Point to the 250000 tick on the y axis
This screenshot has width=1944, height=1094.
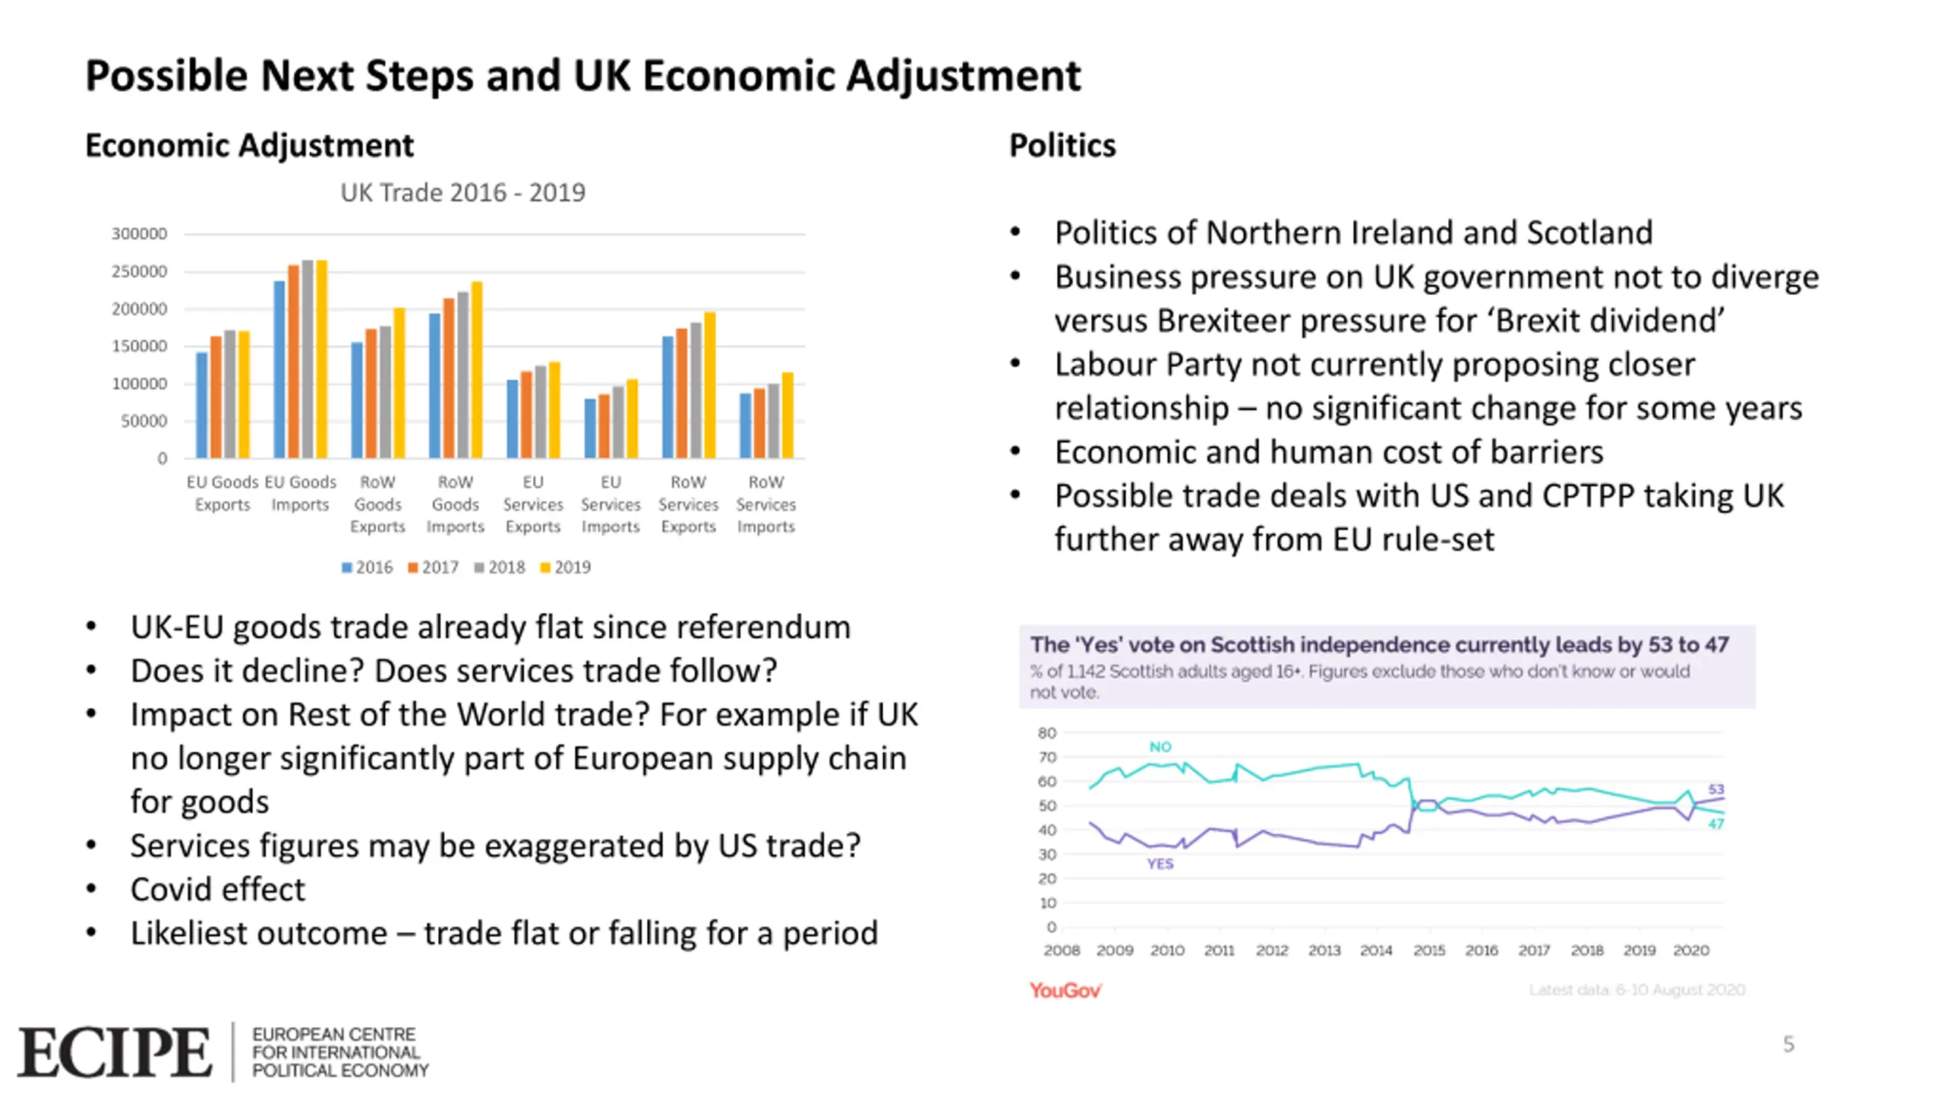(x=139, y=271)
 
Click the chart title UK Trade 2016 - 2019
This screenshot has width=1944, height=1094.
(x=462, y=193)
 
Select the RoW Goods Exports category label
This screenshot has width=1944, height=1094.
(x=377, y=504)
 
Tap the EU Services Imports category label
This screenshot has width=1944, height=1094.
(x=611, y=504)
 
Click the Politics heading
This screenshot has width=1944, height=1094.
(x=1062, y=145)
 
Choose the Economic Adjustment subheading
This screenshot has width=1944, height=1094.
(x=249, y=145)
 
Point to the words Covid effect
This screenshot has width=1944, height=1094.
(x=217, y=889)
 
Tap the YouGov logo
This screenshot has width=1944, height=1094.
(x=1065, y=990)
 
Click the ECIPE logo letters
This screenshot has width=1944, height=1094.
(x=114, y=1052)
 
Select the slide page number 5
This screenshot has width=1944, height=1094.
(x=1788, y=1044)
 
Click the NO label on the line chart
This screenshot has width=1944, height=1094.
(x=1160, y=747)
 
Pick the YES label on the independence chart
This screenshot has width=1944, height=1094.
(x=1160, y=864)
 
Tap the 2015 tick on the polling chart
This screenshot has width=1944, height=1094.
(x=1428, y=950)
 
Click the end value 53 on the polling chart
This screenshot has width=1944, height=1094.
(x=1716, y=789)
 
